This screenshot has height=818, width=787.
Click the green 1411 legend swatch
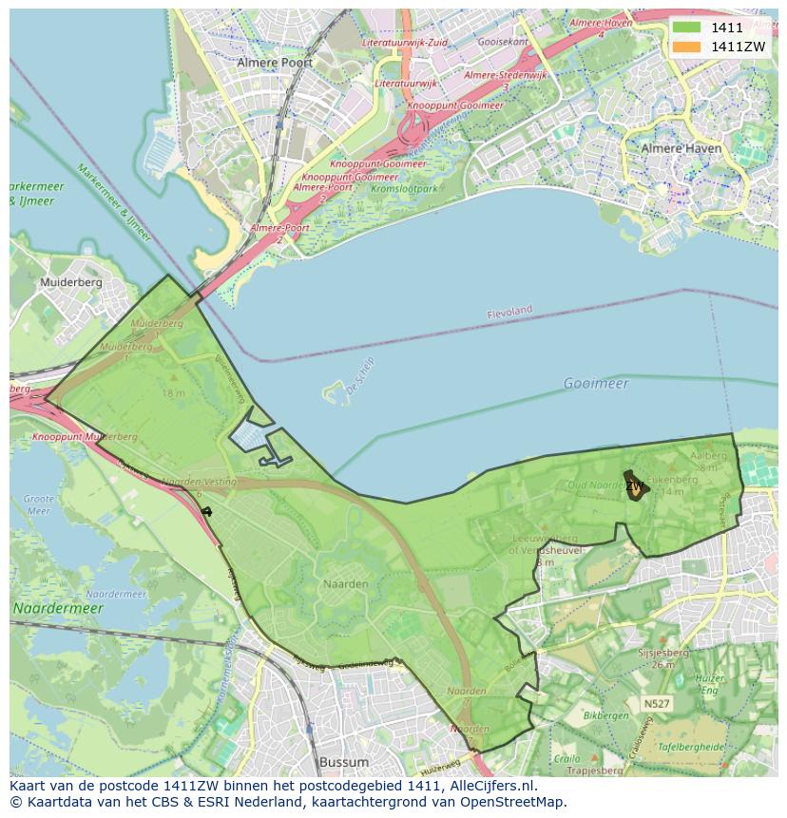(x=685, y=28)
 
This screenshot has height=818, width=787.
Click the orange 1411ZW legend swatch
(x=685, y=47)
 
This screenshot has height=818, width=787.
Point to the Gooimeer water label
(x=596, y=383)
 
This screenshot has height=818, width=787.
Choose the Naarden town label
(x=345, y=584)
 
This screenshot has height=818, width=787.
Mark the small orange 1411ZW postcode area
(x=633, y=485)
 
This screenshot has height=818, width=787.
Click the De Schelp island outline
(x=336, y=392)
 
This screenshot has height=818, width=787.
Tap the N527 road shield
(x=654, y=704)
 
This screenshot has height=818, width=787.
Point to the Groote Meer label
(x=38, y=504)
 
